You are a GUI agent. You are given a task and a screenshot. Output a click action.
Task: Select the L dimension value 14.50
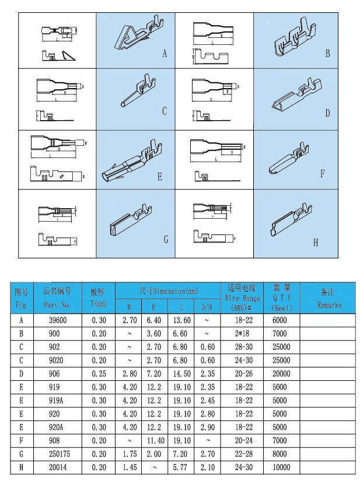pos(182,373)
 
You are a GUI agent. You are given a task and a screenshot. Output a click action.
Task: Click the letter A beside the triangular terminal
pos(165,54)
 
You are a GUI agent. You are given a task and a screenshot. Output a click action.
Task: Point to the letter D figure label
pos(327,113)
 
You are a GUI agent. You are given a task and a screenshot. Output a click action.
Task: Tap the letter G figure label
pos(165,239)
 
